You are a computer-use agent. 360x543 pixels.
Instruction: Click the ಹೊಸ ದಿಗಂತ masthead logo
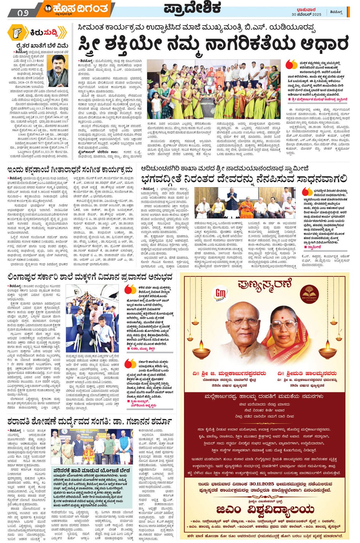point(76,8)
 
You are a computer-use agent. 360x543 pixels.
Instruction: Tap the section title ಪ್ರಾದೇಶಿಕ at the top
point(192,8)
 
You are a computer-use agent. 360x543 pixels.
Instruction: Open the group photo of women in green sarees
point(213,90)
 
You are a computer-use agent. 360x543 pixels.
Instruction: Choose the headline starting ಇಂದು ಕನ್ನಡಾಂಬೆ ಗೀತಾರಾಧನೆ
point(70,169)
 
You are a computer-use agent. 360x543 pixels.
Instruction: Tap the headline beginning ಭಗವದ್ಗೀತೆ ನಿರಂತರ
point(244,178)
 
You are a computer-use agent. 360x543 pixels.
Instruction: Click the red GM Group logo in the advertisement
point(221,294)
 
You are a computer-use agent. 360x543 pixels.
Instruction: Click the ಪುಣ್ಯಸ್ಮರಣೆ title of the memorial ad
point(265,284)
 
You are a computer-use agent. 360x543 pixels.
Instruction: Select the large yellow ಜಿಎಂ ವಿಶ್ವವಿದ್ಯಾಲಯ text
point(265,509)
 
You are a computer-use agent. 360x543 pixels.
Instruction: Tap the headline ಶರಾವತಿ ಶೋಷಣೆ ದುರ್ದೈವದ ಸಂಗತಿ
point(90,421)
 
